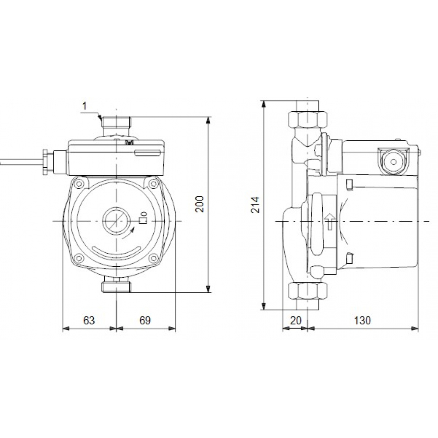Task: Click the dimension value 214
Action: [256, 205]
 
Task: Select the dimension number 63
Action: [89, 320]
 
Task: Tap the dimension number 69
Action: [145, 320]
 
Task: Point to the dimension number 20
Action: [296, 320]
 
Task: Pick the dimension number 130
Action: [362, 320]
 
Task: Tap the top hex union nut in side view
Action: [308, 118]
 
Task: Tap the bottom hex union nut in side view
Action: [308, 290]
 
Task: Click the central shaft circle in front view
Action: [116, 220]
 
